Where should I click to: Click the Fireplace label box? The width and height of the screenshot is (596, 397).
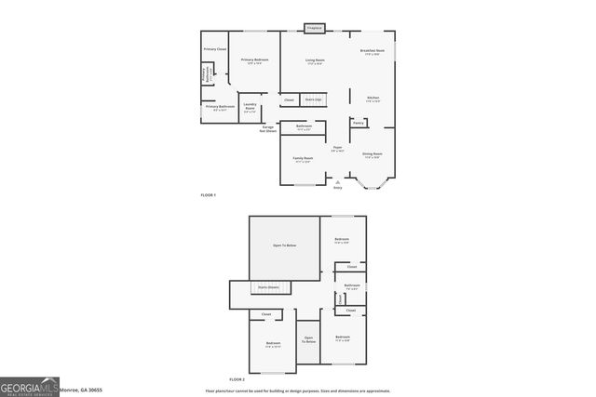315,28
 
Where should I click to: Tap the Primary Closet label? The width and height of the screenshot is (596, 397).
215,48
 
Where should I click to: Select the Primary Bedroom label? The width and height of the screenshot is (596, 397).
254,61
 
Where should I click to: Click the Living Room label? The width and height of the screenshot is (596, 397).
315,61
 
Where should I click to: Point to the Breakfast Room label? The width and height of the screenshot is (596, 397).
372,52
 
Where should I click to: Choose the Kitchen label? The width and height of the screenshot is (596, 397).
372,99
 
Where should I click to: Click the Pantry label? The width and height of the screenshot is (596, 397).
358,122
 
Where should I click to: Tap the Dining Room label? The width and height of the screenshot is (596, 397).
372,155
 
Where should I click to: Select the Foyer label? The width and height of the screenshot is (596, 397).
338,149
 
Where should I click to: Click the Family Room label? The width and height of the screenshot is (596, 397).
304,159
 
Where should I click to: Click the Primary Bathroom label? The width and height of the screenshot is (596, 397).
220,106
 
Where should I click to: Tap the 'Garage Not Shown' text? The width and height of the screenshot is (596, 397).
268,128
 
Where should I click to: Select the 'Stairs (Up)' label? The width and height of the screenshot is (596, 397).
314,99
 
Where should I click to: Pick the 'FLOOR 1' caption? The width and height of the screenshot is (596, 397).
208,194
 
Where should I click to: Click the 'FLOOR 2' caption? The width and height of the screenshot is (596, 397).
237,379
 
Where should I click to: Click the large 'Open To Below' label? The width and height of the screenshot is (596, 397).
284,245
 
